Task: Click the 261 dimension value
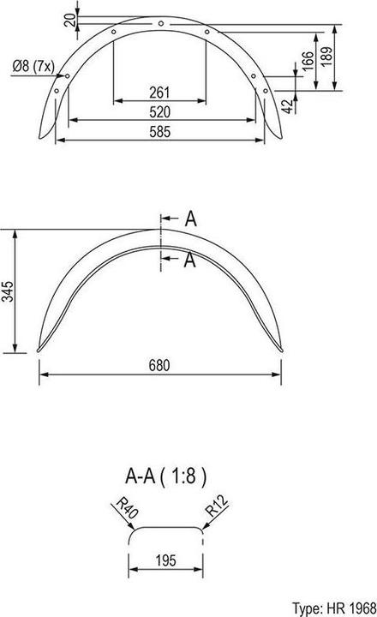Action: (159, 92)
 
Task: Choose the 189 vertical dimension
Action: (340, 57)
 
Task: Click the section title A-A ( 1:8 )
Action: (166, 473)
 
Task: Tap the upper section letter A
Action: (190, 219)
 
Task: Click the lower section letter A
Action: (190, 261)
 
